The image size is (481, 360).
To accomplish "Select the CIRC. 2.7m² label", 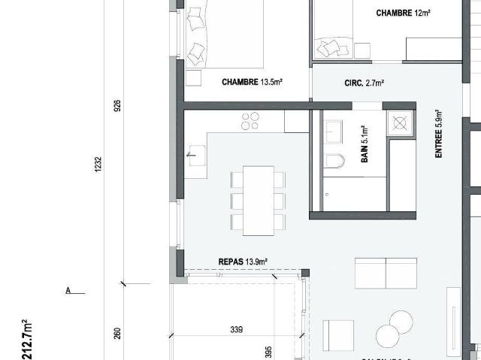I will click(365, 83).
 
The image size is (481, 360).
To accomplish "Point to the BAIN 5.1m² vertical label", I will click(365, 146).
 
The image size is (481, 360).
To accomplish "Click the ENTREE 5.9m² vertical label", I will click(439, 133).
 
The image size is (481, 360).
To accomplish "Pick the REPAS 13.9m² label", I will click(243, 261).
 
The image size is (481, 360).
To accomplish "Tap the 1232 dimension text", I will click(98, 165).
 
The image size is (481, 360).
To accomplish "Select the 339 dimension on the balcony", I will click(237, 329).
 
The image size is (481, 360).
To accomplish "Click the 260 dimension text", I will click(117, 333).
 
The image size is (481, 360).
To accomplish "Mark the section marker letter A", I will click(68, 291).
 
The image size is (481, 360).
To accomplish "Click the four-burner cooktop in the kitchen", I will click(250, 120).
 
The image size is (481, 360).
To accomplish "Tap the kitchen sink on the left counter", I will click(196, 156).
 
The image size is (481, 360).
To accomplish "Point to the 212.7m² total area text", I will click(28, 338).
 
